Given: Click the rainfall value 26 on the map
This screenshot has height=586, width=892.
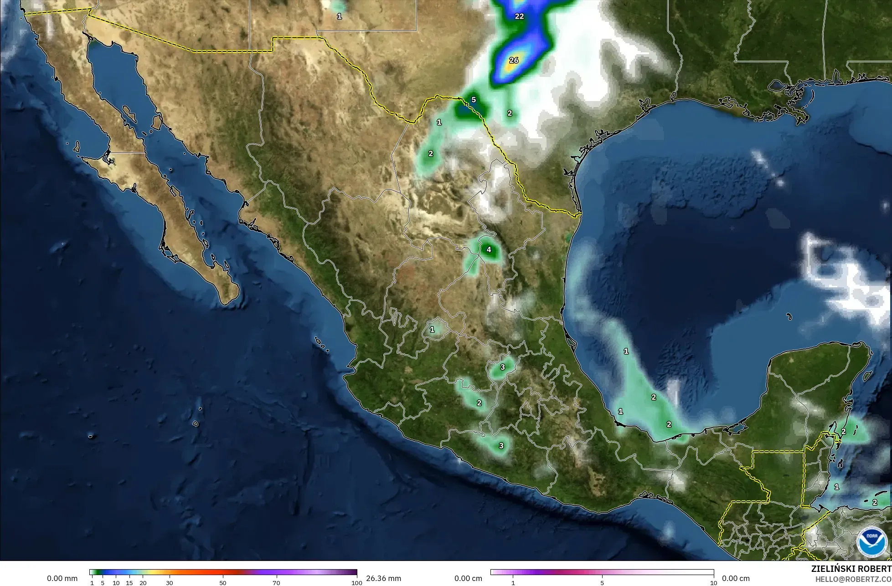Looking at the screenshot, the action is tap(514, 60).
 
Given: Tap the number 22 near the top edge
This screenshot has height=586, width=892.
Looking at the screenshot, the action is tap(519, 16).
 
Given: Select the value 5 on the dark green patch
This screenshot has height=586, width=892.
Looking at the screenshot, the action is tap(474, 100).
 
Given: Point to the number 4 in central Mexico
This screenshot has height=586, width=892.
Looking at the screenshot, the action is tap(489, 250).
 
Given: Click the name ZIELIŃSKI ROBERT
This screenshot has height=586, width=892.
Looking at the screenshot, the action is tap(851, 569).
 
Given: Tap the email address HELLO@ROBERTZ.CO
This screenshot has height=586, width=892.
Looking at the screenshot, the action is tap(851, 579).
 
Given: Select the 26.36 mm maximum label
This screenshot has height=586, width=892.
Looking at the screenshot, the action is tap(383, 578).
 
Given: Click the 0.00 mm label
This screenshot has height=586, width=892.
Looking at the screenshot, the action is tap(62, 578).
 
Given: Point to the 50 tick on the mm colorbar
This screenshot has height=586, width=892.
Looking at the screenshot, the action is tap(223, 583).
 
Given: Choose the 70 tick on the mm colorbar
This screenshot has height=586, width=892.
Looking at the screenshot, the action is tap(276, 583).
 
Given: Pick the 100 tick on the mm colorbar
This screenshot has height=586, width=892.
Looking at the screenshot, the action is tap(357, 583).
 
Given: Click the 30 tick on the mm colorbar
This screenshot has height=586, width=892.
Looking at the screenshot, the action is tap(170, 583).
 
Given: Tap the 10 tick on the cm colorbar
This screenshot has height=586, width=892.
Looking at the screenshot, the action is tap(713, 583).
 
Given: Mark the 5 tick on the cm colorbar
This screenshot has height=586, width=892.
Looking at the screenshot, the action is tap(602, 583).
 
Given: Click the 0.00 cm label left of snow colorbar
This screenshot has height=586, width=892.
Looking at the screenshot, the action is tap(469, 578).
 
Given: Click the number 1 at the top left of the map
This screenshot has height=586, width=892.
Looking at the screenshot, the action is tap(339, 16).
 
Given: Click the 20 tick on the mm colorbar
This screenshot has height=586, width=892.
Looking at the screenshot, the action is tap(143, 583).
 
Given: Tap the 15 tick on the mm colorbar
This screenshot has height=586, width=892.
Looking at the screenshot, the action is tap(129, 583).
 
